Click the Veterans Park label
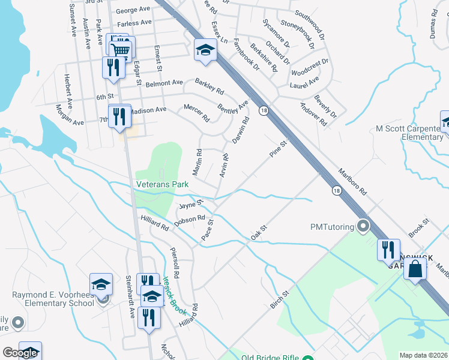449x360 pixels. tap(162, 184)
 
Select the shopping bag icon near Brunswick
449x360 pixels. tap(415, 269)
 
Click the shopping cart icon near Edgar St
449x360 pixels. tap(122, 50)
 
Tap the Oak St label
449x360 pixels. tap(259, 233)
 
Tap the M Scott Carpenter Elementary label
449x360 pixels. tap(409, 133)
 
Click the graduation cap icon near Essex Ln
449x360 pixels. tap(205, 51)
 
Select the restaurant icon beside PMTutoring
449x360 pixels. tap(388, 250)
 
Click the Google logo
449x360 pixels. tap(20, 353)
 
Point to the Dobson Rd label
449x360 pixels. tap(190, 221)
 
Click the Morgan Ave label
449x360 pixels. tap(68, 114)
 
